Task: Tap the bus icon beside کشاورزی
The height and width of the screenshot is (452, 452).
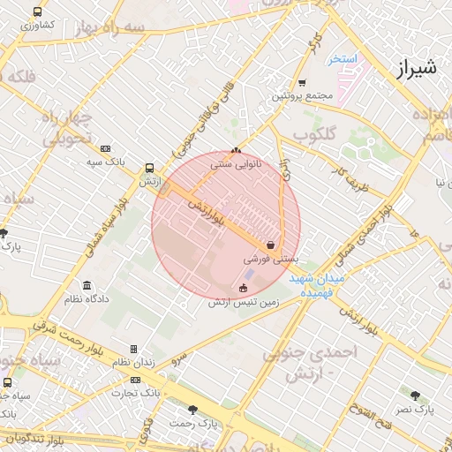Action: pos(37,12)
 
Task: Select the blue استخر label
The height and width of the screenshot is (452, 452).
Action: pos(342,60)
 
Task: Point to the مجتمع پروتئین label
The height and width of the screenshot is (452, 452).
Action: pos(301,94)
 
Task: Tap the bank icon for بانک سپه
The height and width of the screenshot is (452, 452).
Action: pos(106,149)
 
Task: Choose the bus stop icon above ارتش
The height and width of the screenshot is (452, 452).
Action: pos(148,167)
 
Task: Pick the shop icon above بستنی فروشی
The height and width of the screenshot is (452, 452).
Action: pos(270,245)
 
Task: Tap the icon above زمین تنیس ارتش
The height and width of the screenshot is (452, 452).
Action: pos(244,288)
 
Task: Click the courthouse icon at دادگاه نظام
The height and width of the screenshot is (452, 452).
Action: pos(87,286)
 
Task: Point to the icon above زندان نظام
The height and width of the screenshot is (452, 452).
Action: pos(133,350)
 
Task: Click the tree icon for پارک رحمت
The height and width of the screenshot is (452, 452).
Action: pos(193,410)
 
